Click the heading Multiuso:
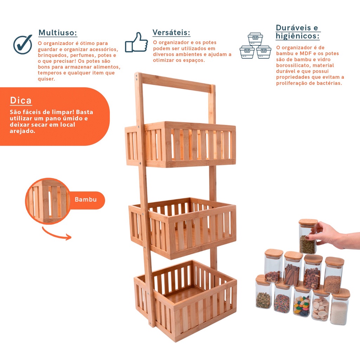pyautogui.click(x=58, y=33)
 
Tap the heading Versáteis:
pyautogui.click(x=171, y=32)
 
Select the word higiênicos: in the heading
pyautogui.click(x=297, y=36)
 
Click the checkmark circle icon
pyautogui.click(x=23, y=44)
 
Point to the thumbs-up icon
pyautogui.click(x=136, y=43)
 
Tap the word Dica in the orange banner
pyautogui.click(x=21, y=100)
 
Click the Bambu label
pyautogui.click(x=86, y=199)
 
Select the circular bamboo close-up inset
pyautogui.click(x=48, y=201)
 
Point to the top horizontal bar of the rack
pyautogui.click(x=176, y=83)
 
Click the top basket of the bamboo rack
pyautogui.click(x=180, y=144)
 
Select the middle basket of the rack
pyautogui.click(x=182, y=228)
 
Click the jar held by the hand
pyautogui.click(x=308, y=237)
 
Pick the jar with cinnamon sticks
pyautogui.click(x=292, y=269)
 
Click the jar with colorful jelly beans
pyautogui.click(x=302, y=302)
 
